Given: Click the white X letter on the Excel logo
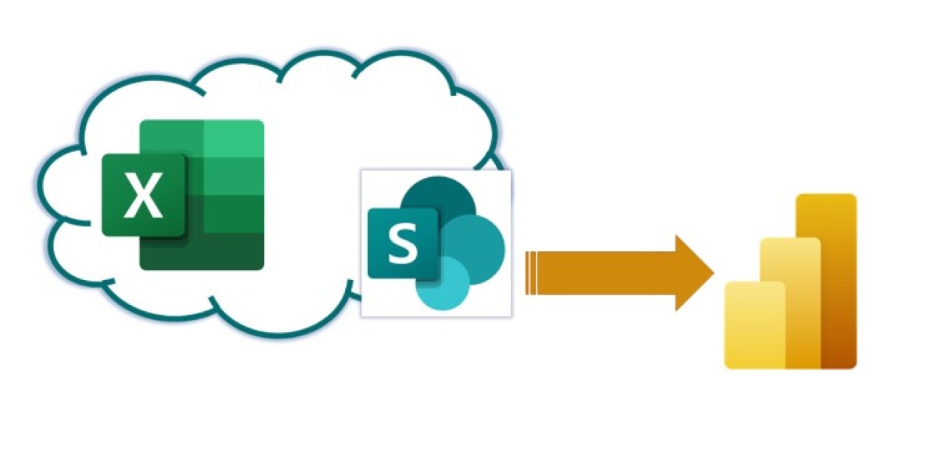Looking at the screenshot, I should point(144,195).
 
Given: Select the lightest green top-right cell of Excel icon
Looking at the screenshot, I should point(233,138).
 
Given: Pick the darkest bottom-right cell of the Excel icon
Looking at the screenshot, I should point(233,251).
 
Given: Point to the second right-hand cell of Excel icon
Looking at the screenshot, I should point(233,176).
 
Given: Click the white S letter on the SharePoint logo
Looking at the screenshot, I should point(403,245).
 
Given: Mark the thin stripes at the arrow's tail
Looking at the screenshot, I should point(531,273).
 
